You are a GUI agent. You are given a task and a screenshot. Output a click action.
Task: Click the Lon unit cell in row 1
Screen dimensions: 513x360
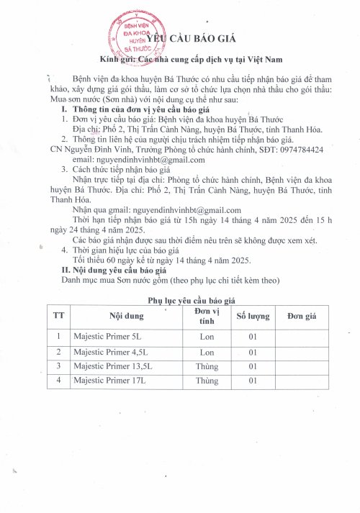pos(207,336)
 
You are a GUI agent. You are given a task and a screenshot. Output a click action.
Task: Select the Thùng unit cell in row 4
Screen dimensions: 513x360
pos(207,380)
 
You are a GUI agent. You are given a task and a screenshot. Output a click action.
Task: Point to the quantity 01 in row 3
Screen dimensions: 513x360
pos(253,366)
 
